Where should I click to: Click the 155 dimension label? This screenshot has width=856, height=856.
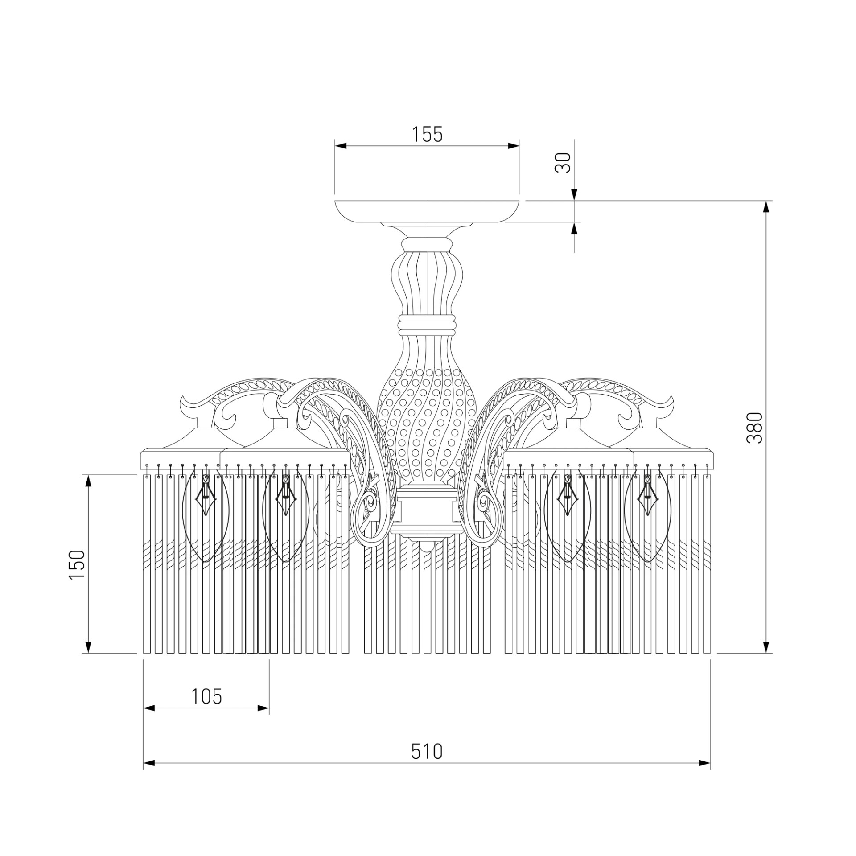point(427,134)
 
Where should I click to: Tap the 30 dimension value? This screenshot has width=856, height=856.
point(563,163)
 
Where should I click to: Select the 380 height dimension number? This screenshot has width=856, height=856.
point(755,428)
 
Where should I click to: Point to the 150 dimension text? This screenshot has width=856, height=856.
point(76,564)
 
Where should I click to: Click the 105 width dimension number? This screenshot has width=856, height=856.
point(206,696)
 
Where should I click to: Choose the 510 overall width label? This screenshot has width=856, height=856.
point(427,751)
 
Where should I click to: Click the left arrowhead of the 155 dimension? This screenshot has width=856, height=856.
point(341,146)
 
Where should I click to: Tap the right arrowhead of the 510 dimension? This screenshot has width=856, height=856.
point(704,764)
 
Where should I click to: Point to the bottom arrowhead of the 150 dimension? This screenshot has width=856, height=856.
point(88,647)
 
